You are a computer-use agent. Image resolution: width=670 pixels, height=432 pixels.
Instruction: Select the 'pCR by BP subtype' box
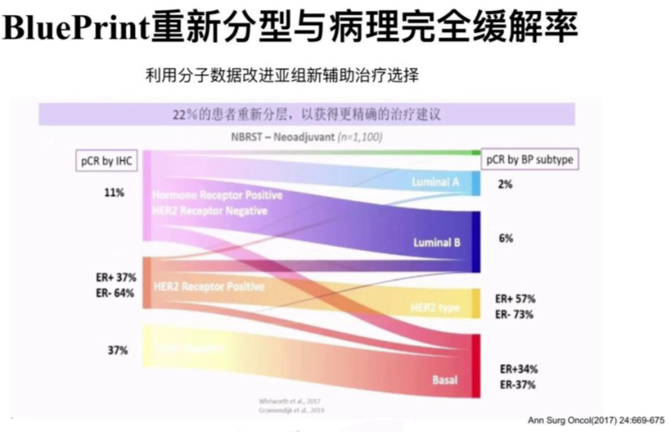coord(528,159)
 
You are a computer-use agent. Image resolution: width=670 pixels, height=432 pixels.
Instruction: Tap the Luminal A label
coord(436,182)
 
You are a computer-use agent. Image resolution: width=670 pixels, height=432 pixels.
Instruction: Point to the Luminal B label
coord(436,243)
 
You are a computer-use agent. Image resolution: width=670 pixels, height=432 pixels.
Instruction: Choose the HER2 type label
coord(434,307)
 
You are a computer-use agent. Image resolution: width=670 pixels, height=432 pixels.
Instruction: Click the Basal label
coord(444,380)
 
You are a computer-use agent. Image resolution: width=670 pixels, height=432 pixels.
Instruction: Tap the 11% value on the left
coord(114,192)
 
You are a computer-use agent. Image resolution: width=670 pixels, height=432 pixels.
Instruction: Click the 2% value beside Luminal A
coord(505,184)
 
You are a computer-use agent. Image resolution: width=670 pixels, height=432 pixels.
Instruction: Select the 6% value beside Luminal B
coord(505,238)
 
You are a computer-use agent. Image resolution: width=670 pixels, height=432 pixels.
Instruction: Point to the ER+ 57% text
coord(514,299)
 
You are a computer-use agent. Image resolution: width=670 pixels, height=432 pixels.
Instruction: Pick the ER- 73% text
coord(514,314)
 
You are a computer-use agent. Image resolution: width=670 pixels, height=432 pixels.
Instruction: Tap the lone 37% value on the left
coord(118,350)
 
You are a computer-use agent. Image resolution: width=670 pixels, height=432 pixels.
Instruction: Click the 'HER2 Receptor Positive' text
coord(203,287)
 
